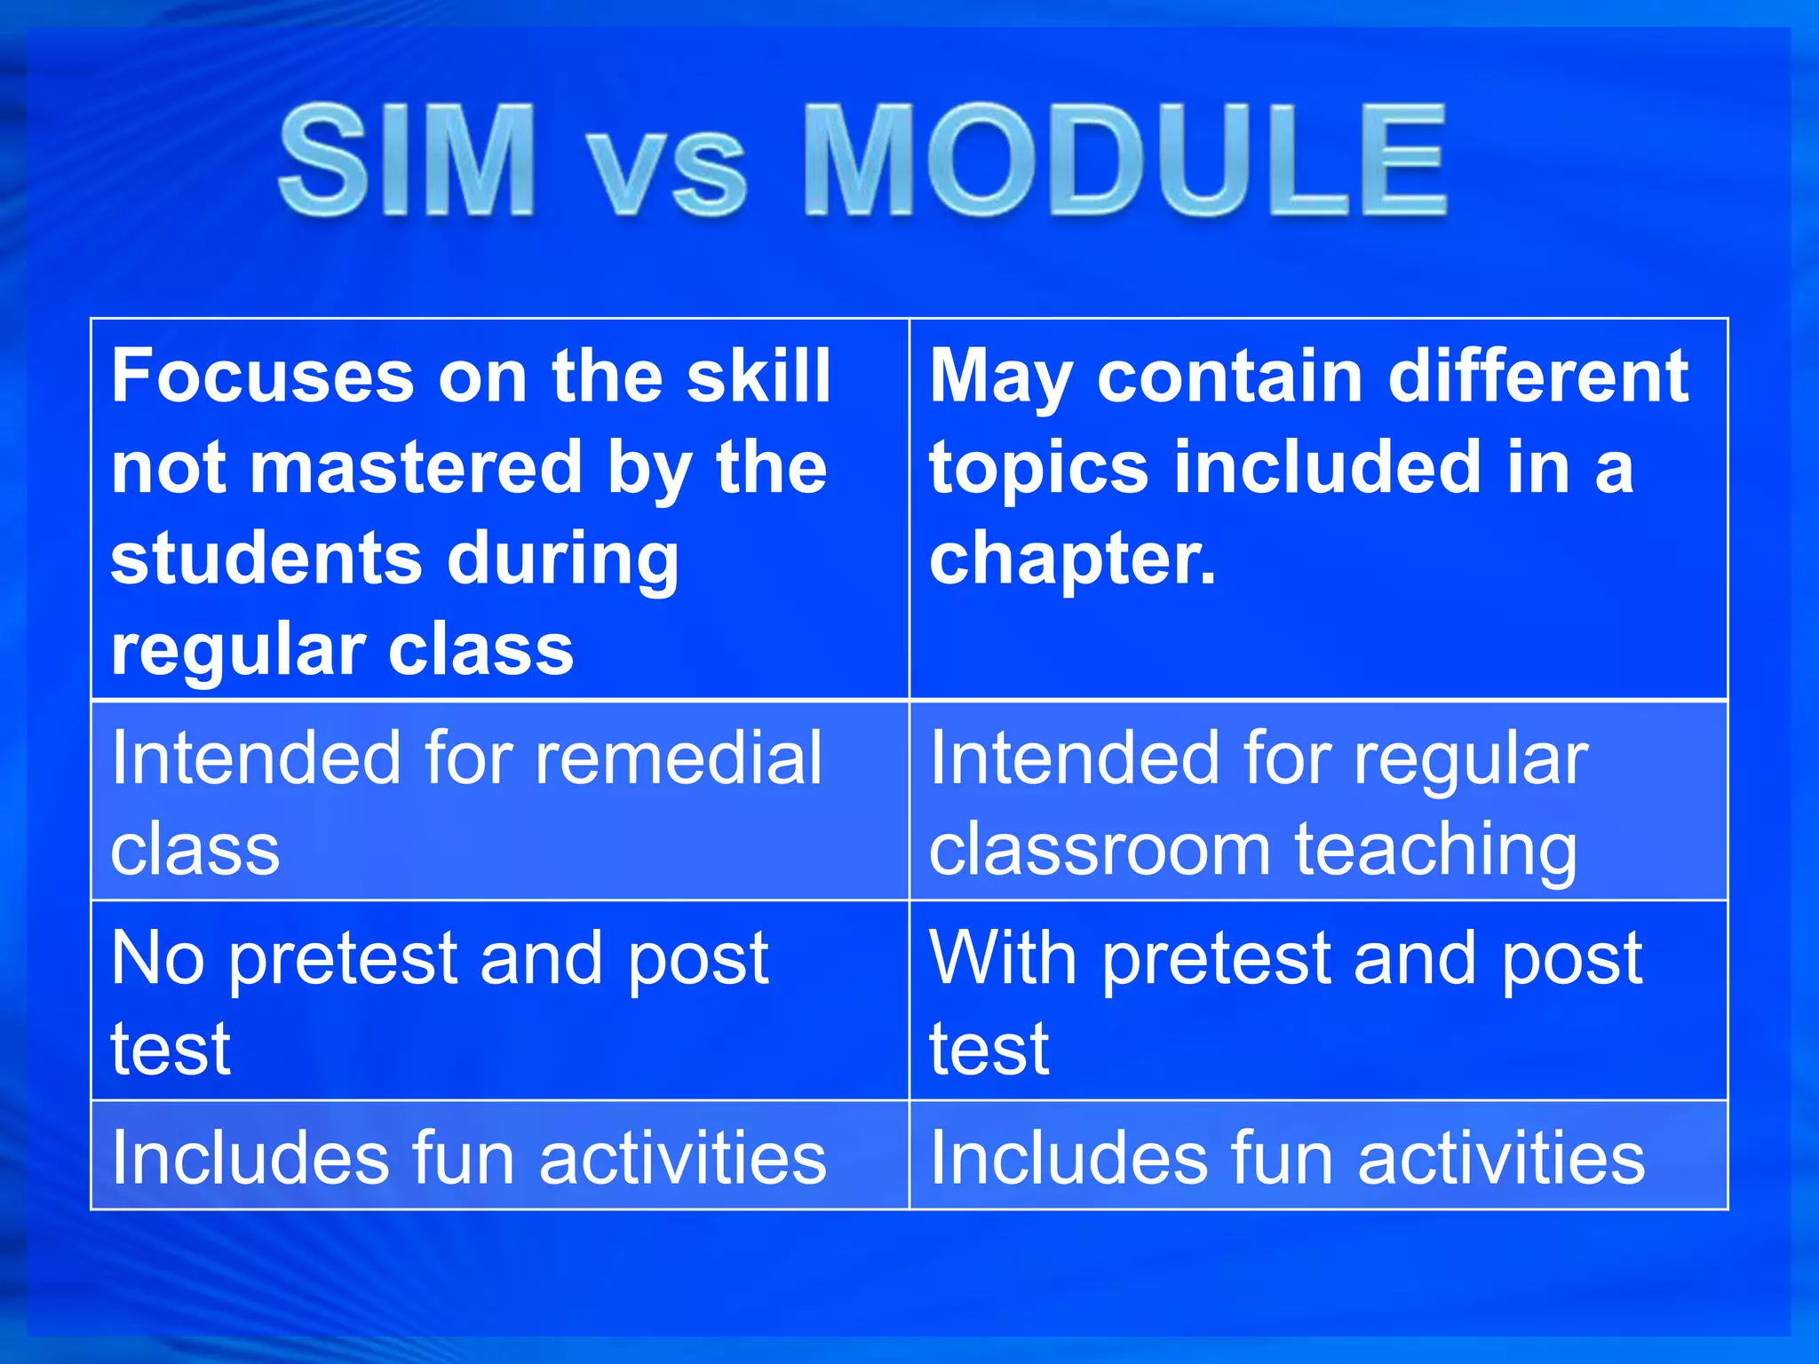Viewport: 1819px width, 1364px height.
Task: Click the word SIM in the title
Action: click(408, 160)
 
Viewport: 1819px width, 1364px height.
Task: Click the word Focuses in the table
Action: click(263, 377)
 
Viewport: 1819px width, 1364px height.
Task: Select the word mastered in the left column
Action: click(416, 468)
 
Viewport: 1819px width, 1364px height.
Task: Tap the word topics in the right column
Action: click(1038, 469)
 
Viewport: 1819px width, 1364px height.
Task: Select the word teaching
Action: click(1435, 852)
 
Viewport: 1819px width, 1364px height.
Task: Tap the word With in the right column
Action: click(1003, 959)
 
